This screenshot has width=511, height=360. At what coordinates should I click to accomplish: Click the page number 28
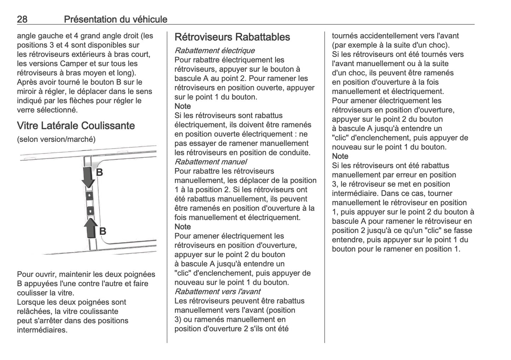pos(22,19)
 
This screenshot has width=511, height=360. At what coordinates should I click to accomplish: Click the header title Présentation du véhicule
pos(116,19)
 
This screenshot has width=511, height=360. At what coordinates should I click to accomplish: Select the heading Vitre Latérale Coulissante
pos(76,126)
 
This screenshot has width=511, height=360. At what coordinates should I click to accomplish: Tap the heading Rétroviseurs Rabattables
pos(232,37)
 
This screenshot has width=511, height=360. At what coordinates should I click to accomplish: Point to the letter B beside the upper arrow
pos(100,172)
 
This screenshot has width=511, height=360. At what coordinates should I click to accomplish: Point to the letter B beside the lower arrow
pos(103,231)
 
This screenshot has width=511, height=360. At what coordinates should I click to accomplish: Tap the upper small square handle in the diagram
pos(90,195)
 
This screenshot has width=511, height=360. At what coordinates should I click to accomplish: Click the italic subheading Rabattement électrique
pos(215,51)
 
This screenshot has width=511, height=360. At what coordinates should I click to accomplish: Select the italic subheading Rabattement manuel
pos(211,162)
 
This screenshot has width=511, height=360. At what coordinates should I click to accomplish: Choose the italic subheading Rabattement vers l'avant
pos(217,291)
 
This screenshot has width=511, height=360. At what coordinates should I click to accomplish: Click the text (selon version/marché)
pos(56,139)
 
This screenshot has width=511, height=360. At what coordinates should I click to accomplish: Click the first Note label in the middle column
pos(183,106)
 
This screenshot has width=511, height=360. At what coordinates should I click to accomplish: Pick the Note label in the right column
pos(340,156)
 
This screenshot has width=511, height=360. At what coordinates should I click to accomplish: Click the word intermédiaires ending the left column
pos(42,330)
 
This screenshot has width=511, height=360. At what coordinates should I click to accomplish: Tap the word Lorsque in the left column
pos(30,302)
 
